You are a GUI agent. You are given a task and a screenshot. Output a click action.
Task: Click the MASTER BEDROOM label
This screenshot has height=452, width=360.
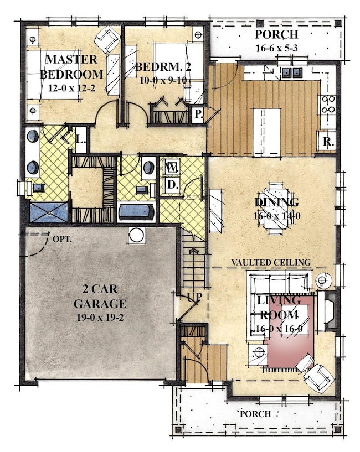71,66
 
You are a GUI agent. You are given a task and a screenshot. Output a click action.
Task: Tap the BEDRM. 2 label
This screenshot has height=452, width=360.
163,67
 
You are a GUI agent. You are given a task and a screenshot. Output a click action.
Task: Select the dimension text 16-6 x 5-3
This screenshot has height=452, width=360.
276,48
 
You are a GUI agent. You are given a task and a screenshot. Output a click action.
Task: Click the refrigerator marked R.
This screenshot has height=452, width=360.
328,141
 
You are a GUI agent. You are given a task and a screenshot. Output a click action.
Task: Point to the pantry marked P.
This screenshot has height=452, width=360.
198,115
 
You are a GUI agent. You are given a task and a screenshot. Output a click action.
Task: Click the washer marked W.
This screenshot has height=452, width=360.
172,167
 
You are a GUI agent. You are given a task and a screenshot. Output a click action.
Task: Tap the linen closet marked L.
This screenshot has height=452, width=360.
81,140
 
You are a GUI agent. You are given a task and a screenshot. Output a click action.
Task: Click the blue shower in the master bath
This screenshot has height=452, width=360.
49,213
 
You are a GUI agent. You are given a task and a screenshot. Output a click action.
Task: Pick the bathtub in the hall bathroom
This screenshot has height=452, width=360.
136,212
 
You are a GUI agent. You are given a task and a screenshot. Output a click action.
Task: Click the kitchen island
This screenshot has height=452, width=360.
266,133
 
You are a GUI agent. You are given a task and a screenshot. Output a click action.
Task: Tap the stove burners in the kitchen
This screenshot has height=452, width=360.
328,104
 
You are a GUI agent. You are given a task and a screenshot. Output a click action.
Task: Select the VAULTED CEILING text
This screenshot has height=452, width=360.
271,262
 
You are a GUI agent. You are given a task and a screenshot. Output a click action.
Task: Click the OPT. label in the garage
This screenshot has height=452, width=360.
62,239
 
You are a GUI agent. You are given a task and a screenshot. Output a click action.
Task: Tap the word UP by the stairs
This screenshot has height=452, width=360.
194,297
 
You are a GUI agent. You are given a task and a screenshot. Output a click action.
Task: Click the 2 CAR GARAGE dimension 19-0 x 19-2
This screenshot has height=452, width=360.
100,318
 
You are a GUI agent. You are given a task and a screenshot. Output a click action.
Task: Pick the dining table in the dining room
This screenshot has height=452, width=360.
276,208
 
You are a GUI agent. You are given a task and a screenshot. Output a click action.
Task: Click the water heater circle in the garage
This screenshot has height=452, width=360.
137,235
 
